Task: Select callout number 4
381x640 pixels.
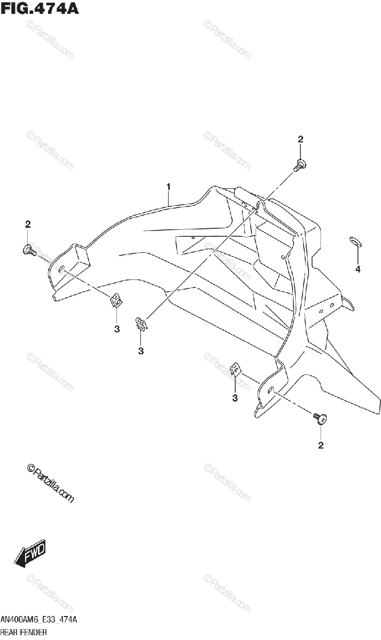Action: click(358, 269)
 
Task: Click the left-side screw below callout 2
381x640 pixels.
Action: click(29, 249)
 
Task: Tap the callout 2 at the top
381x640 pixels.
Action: click(300, 139)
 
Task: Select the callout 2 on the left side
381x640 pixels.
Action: click(28, 224)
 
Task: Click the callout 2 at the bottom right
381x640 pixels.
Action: click(321, 445)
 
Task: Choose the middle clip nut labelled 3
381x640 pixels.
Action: click(140, 323)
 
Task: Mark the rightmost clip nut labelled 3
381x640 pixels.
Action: click(235, 370)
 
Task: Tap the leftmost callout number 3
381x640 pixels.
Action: click(117, 329)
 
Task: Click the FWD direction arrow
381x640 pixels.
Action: click(30, 553)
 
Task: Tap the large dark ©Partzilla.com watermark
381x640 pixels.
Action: click(50, 482)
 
